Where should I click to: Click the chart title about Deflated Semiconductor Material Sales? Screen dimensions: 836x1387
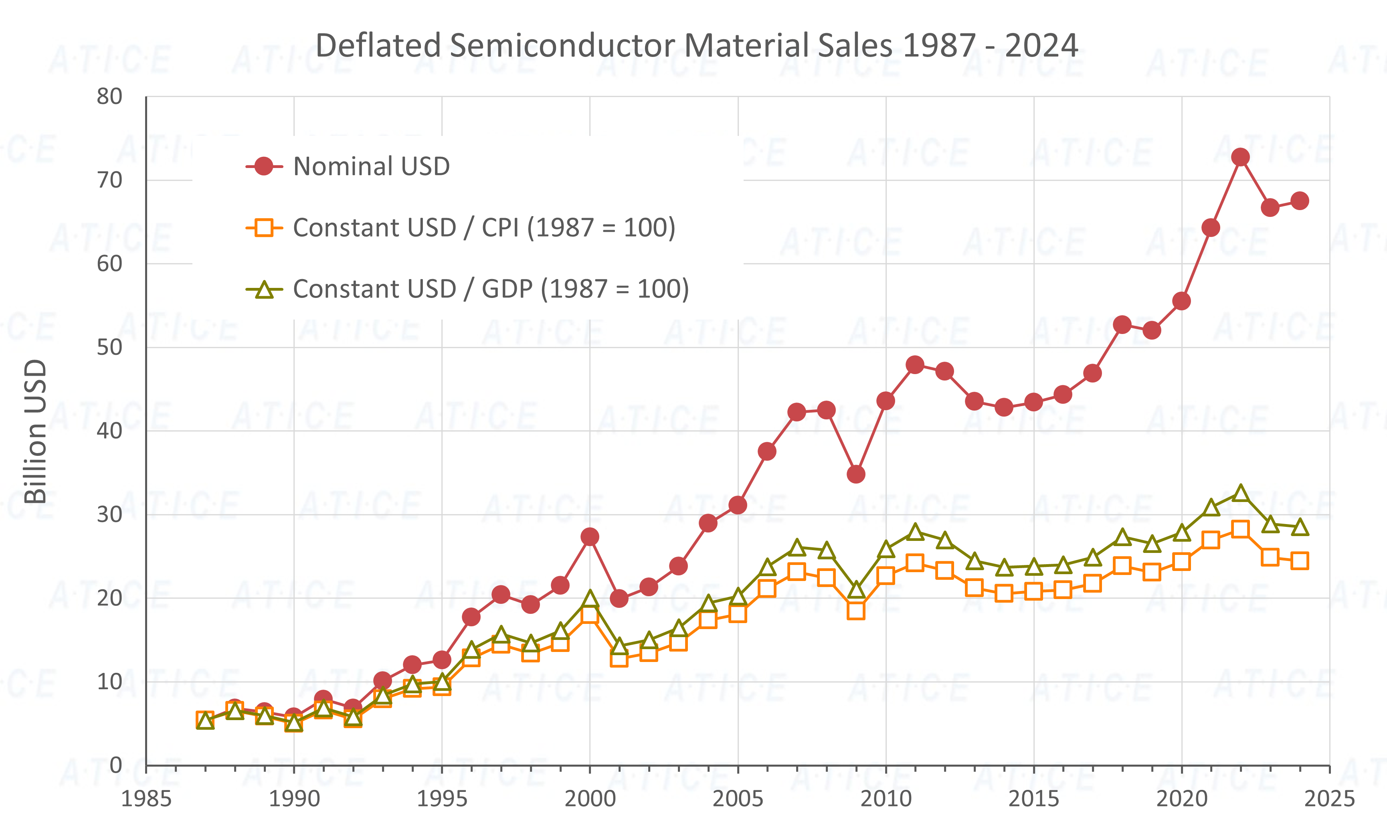coord(696,46)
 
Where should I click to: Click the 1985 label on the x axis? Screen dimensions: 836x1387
coord(146,799)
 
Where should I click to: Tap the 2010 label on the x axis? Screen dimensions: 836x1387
coord(886,799)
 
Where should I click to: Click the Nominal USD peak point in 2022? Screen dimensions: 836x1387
coord(1240,157)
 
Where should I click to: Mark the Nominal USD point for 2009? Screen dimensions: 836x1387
coord(855,475)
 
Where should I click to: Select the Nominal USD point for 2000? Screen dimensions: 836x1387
coord(589,536)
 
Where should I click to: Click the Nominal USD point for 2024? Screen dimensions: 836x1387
coord(1300,201)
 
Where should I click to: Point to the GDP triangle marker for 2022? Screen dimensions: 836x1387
coord(1240,494)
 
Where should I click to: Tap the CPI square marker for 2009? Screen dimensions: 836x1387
coord(855,611)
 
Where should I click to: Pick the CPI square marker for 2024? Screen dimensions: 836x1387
coord(1300,561)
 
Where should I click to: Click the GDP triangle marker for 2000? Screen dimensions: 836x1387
coord(589,599)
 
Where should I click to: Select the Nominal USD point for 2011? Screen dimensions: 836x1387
coord(915,365)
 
